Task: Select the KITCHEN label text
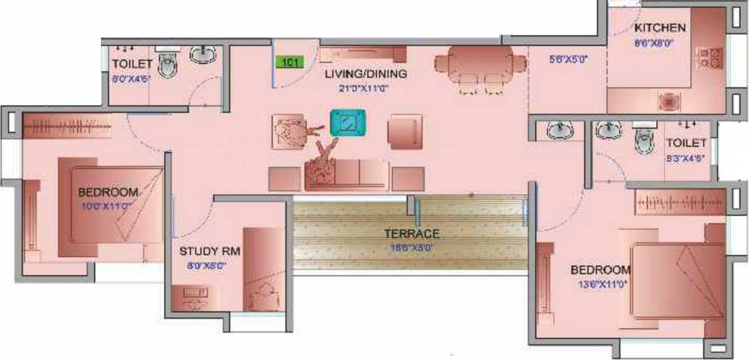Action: (659, 27)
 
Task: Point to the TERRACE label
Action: (412, 233)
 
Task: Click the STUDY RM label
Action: (210, 251)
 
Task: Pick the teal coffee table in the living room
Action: (348, 122)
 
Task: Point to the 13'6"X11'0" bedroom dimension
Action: (602, 284)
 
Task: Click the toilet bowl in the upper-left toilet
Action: (167, 64)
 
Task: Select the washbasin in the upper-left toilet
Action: (202, 54)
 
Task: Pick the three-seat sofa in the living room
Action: (346, 176)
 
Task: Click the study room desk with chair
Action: (192, 298)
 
